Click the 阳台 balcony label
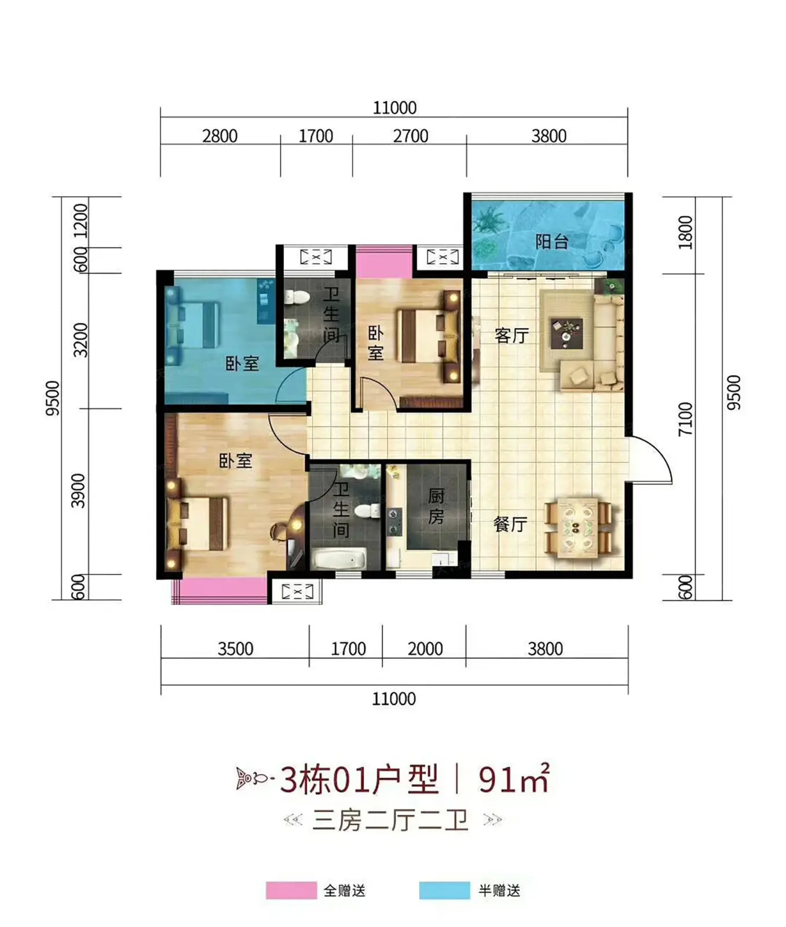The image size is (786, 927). coord(551,241)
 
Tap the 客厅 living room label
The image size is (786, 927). coord(511,335)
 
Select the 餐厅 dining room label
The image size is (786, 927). coord(510,524)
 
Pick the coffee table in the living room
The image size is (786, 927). coord(566,333)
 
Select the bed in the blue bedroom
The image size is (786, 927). coord(192,326)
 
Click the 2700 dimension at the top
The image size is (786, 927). coord(411,136)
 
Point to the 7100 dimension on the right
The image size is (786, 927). coord(685,418)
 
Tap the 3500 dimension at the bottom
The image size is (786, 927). coord(235,648)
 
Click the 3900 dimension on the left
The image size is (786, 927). coord(78,491)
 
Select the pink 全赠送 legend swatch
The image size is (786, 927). coord(291,890)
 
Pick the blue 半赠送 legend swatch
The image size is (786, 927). coord(445,890)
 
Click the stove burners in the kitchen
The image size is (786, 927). coord(394,521)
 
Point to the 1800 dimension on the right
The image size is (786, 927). coord(685,232)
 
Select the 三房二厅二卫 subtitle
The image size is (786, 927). coord(390,820)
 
